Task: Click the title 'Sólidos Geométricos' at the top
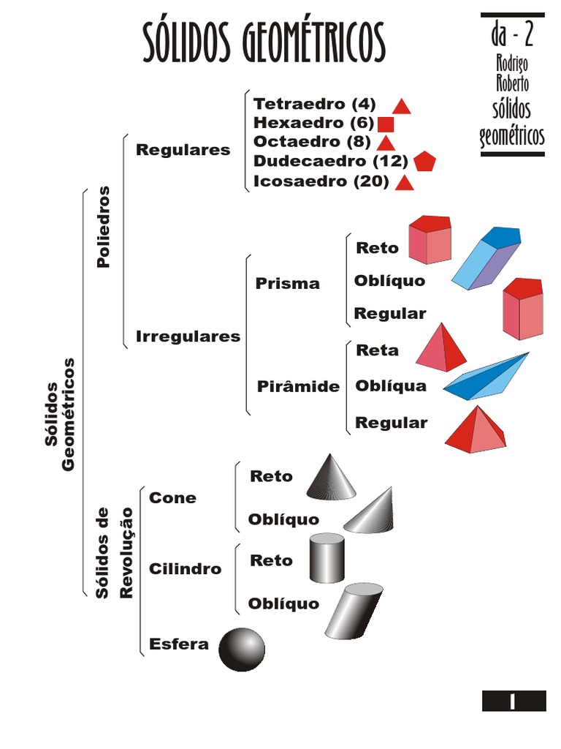tap(263, 42)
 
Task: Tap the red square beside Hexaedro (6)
tap(386, 124)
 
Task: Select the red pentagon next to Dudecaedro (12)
tap(424, 162)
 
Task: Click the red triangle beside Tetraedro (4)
tap(402, 107)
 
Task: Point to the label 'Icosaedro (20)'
tap(321, 182)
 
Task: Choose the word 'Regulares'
tap(183, 150)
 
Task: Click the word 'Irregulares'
tap(188, 336)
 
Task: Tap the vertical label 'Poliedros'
tap(104, 227)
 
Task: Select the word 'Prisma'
tap(288, 284)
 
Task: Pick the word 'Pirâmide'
tap(298, 386)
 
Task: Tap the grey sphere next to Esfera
tap(242, 649)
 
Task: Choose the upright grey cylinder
tap(327, 558)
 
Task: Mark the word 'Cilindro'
tap(186, 569)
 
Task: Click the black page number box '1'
tap(514, 701)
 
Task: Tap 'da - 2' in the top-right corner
tap(513, 34)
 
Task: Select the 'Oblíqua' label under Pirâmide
tap(391, 385)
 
